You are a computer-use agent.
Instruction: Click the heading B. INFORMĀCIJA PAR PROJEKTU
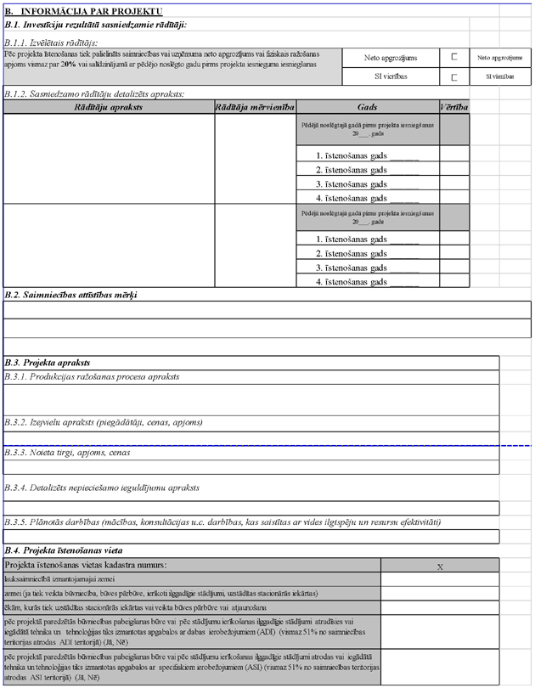click(x=83, y=12)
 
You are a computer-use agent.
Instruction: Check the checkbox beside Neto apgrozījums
click(x=454, y=57)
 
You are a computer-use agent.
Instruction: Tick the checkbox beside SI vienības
click(x=454, y=77)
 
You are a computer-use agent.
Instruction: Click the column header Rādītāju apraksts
click(x=109, y=107)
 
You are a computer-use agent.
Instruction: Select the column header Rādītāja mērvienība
click(x=255, y=107)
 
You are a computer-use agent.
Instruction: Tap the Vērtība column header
click(x=454, y=107)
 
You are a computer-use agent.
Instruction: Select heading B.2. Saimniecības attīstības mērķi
click(x=70, y=295)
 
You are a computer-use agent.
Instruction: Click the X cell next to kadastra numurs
click(x=440, y=565)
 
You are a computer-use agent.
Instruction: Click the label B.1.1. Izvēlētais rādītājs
click(x=51, y=42)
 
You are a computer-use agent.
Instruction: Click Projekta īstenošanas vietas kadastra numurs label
click(x=86, y=565)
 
